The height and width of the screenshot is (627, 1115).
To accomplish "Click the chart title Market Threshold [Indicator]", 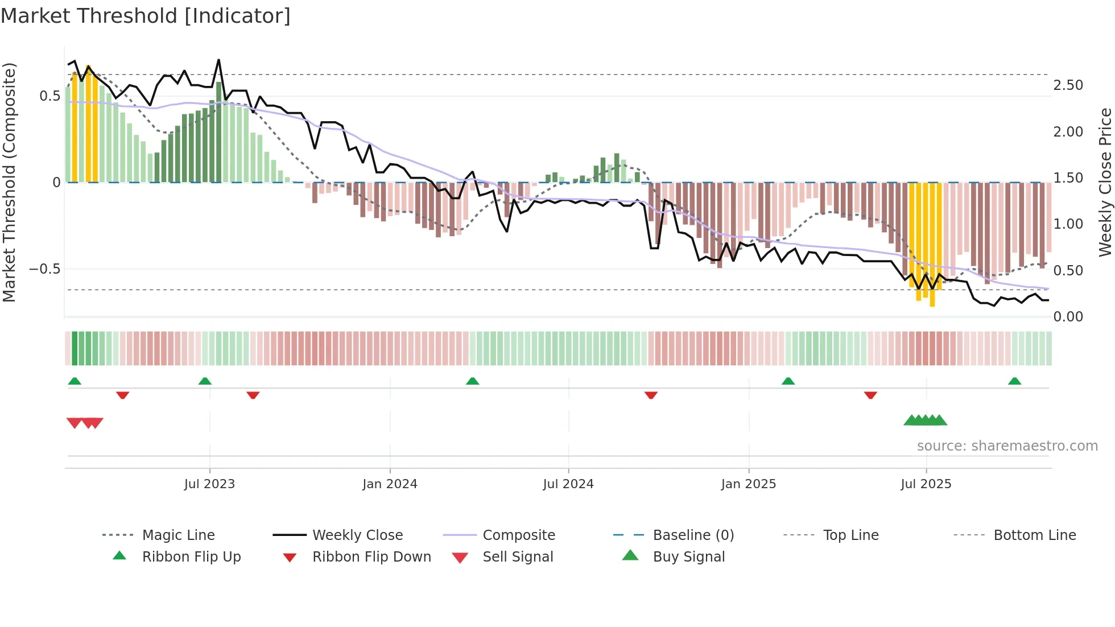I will [x=146, y=16].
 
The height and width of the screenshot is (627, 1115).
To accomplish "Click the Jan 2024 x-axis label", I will [x=390, y=484].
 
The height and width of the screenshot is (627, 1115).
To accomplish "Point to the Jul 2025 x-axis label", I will [x=926, y=484].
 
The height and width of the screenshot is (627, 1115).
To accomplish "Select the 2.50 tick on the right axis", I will [x=1068, y=85].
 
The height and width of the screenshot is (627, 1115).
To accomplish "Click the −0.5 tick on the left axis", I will [x=45, y=269].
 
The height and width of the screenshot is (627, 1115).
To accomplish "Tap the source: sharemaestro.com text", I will [x=1007, y=446].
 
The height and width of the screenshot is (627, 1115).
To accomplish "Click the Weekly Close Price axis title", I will [x=1105, y=182].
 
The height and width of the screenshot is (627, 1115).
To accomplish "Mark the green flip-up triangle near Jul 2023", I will [x=205, y=381].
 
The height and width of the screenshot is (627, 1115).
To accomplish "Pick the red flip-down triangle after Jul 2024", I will [x=651, y=395].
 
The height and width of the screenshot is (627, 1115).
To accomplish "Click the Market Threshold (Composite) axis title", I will [x=9, y=182].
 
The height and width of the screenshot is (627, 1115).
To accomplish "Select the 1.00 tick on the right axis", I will [x=1068, y=224].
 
